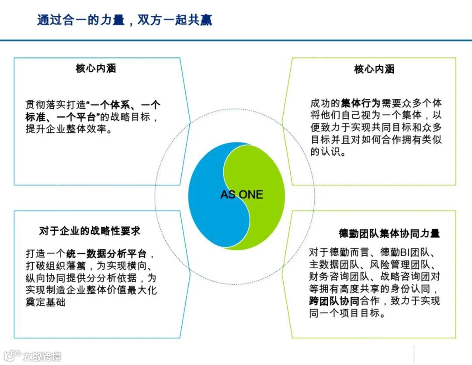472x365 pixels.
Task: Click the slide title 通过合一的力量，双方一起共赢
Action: [125, 20]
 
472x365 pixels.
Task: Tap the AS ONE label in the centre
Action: [242, 195]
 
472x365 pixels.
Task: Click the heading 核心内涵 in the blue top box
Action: [96, 69]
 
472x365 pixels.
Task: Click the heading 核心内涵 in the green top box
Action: [374, 69]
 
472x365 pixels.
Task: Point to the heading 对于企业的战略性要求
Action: [90, 231]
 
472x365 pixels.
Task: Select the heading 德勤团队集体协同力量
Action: [389, 233]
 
